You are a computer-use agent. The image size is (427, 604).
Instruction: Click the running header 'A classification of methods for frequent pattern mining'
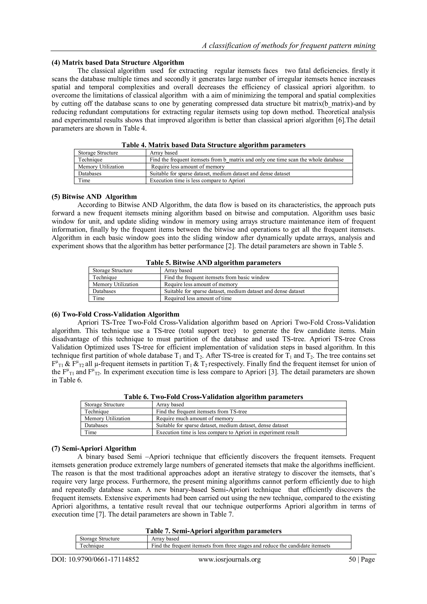pos(288,46)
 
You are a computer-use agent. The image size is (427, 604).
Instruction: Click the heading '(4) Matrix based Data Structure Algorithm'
pos(118,63)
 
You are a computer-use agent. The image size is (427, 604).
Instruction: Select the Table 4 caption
pos(213,145)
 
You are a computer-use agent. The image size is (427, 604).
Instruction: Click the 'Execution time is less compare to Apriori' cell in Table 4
pos(197,180)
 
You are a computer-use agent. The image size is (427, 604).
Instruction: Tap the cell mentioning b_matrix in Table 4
pos(246,160)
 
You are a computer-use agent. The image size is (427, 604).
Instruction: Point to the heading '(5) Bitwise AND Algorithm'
pos(94,197)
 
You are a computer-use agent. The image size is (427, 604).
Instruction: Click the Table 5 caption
pos(213,263)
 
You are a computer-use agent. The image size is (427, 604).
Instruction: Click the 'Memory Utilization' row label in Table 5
pos(115,284)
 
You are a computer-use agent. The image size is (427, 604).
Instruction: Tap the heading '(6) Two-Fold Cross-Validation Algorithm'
pos(116,314)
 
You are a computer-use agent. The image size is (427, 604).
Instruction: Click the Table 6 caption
pos(213,397)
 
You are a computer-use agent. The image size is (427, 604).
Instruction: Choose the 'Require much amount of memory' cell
pos(195,418)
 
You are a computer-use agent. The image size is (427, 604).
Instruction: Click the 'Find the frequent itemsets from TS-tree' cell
pos(201,411)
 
